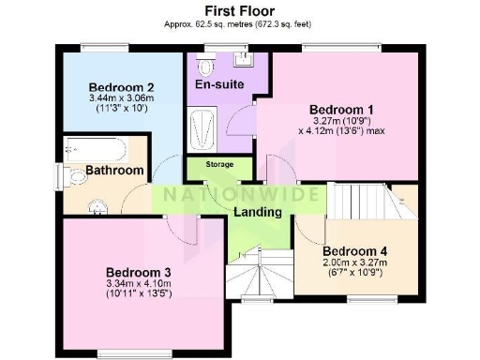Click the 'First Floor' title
239,10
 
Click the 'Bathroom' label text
115,171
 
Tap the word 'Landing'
258,213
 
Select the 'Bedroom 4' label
354,251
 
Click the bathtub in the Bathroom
97,149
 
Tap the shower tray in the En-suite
202,129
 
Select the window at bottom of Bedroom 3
126,352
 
